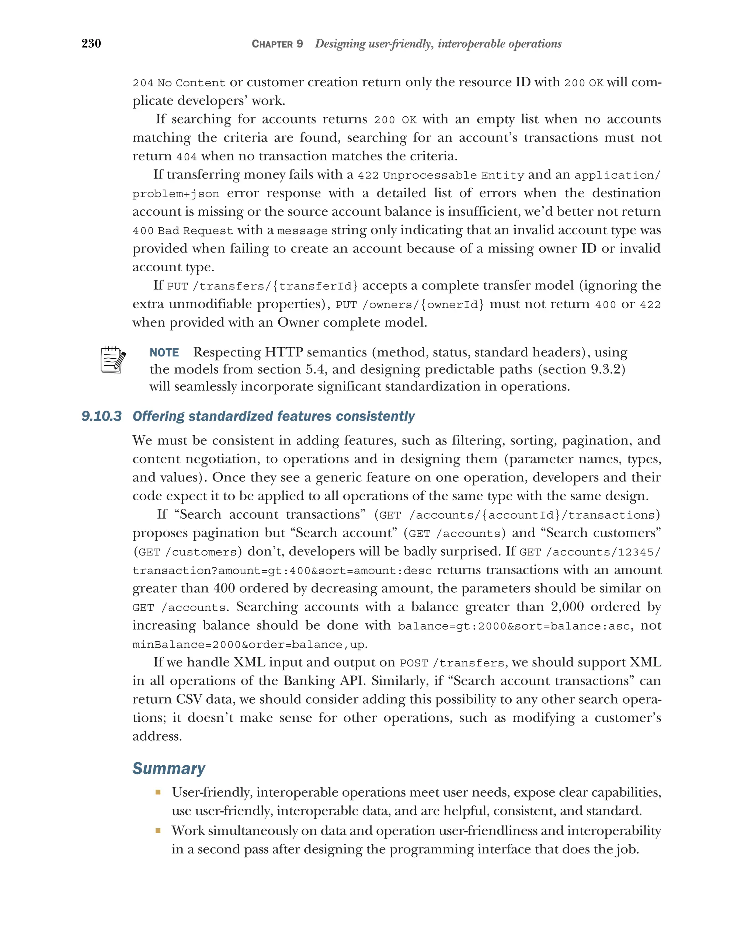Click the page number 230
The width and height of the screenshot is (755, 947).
click(x=91, y=43)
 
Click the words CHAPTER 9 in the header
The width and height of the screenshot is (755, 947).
click(x=277, y=44)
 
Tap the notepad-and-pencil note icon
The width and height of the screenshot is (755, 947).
click(x=113, y=360)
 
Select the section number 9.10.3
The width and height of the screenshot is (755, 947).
click(x=101, y=416)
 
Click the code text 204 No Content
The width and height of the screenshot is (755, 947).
click(x=179, y=83)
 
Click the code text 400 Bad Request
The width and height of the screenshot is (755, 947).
click(x=183, y=231)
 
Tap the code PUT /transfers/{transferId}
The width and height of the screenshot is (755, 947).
click(x=262, y=286)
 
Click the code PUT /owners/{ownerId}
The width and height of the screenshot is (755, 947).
click(x=410, y=305)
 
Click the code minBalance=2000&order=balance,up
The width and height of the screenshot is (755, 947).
click(x=249, y=645)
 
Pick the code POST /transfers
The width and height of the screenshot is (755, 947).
click(x=452, y=663)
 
